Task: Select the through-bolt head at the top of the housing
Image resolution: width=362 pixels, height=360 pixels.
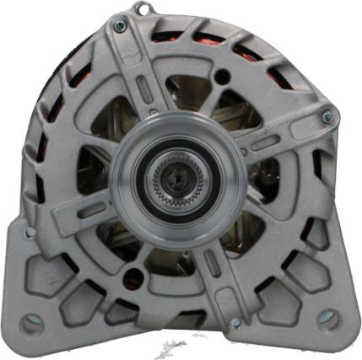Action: pyautogui.click(x=120, y=27)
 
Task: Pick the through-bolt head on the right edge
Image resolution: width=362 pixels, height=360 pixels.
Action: pyautogui.click(x=327, y=118)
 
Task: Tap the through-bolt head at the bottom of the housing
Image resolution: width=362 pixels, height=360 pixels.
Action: pyautogui.click(x=235, y=322)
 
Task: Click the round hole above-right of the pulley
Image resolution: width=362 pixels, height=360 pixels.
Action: pyautogui.click(x=223, y=78)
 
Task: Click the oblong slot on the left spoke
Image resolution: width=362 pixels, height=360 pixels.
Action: pyautogui.click(x=87, y=210)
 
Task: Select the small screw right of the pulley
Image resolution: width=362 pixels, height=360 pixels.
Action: pyautogui.click(x=244, y=152)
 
